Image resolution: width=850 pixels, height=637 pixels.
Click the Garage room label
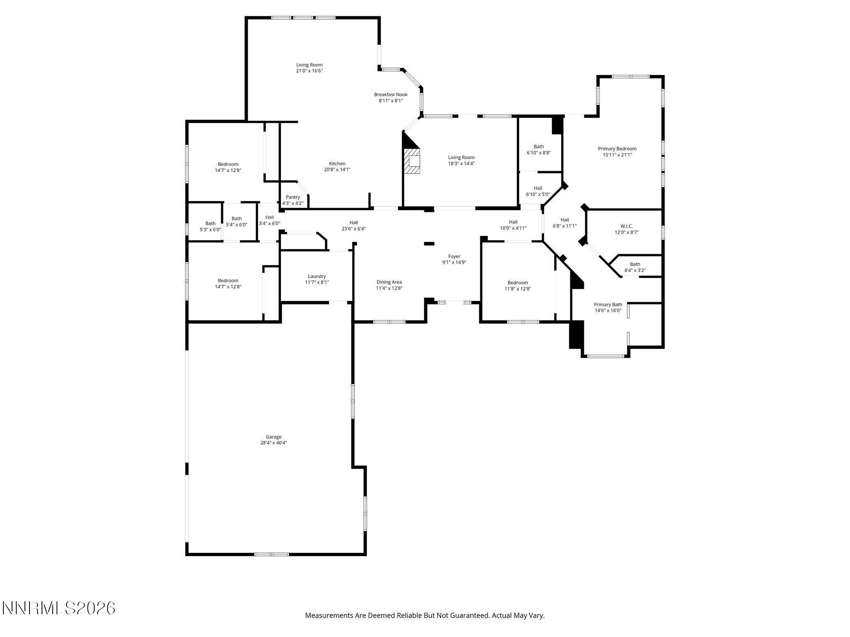tap(274, 437)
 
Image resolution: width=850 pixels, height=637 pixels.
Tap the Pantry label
tap(293, 197)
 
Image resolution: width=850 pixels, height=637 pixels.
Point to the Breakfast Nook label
tap(391, 95)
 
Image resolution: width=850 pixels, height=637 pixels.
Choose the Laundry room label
tap(317, 276)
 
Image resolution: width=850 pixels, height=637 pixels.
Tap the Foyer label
tap(454, 256)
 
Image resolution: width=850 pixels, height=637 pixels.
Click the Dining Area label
tap(389, 282)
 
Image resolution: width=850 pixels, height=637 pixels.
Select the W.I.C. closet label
tap(626, 226)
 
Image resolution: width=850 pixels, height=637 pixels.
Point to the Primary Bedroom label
tap(617, 148)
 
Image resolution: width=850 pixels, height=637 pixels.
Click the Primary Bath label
tap(608, 304)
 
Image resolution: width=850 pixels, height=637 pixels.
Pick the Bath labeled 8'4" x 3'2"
tap(635, 267)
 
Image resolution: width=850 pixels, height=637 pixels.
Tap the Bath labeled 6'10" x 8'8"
tap(539, 149)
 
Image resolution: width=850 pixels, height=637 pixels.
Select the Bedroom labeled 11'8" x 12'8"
tap(518, 286)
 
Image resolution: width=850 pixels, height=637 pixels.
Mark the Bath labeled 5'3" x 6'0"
tap(210, 226)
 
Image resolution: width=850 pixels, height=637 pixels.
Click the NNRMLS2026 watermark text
tap(59, 608)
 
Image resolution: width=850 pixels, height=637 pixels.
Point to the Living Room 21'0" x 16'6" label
tap(309, 68)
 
